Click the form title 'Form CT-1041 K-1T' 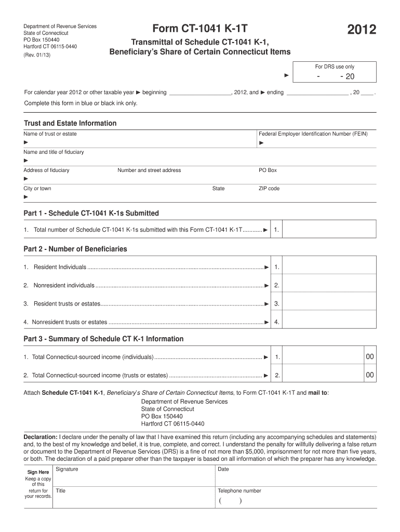[200, 30]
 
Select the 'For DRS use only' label [335, 66]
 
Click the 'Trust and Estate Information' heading [70, 123]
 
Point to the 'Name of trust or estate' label [50, 134]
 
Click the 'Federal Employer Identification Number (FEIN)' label [313, 134]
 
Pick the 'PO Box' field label [268, 170]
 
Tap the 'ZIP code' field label [269, 189]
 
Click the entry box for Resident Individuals [330, 267]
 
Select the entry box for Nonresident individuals [330, 285]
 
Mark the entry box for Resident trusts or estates [330, 303]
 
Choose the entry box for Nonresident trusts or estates [330, 322]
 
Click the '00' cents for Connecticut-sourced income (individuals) [369, 357]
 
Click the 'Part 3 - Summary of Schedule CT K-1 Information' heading [103, 339]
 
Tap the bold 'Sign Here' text [38, 472]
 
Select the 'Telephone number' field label [239, 491]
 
